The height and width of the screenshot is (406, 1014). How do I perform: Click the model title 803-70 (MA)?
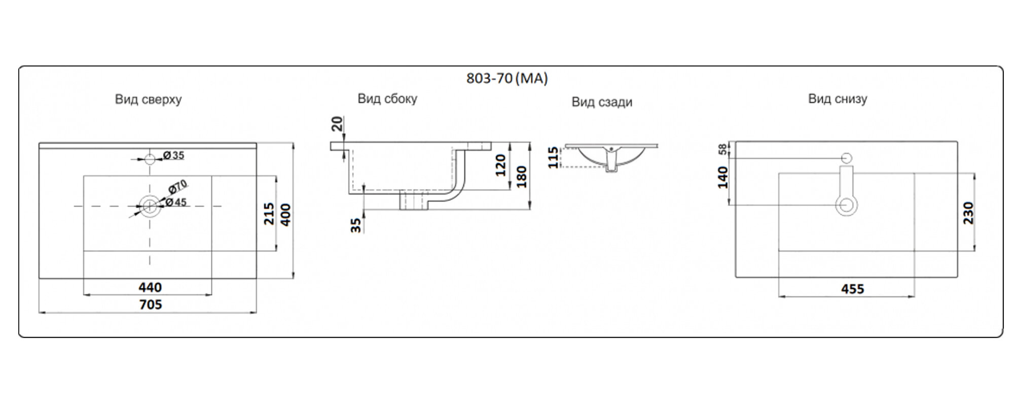point(506,79)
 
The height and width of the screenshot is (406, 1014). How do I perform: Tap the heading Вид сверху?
point(148,99)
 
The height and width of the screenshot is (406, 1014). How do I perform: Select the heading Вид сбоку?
point(387,98)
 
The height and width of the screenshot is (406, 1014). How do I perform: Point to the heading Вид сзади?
point(602,102)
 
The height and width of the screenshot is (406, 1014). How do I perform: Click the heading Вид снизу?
point(838,98)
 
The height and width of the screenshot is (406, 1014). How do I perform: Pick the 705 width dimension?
point(151,304)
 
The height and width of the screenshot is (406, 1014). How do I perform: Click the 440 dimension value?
point(150,288)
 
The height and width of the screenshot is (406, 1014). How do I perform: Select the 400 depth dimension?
point(285,215)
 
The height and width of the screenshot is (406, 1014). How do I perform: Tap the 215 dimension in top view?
point(269,214)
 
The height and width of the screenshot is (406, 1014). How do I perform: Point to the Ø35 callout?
point(174,155)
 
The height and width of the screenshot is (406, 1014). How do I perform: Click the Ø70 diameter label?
point(177,187)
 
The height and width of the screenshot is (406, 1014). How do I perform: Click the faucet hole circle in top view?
point(150,159)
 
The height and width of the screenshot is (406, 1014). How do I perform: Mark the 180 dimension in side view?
point(521,177)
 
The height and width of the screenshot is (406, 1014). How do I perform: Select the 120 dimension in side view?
point(500,165)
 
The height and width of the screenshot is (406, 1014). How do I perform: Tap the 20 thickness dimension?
point(338,123)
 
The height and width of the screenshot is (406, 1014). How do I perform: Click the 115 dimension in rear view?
point(553,157)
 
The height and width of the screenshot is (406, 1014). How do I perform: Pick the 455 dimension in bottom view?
point(852,289)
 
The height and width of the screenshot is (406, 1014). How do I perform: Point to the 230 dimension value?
point(968,213)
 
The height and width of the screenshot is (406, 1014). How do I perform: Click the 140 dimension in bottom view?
point(723,177)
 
